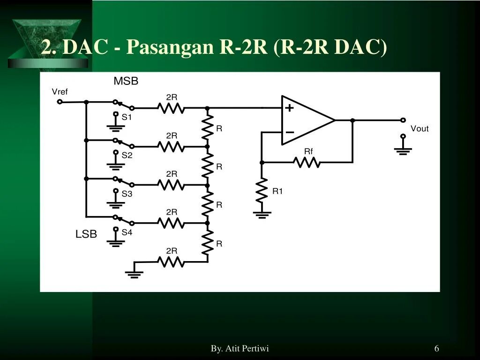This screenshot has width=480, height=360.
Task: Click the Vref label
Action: (x=60, y=92)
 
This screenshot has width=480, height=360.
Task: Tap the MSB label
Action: (x=126, y=81)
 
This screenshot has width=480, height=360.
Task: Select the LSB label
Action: (x=86, y=234)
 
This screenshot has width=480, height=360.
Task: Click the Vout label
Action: (x=420, y=128)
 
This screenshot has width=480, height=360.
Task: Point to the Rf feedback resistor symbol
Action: (x=307, y=162)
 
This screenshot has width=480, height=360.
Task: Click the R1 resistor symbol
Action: (x=262, y=191)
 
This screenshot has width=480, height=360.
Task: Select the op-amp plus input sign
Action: (x=290, y=108)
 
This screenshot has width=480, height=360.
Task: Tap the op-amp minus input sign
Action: (x=290, y=133)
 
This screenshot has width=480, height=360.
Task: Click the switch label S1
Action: (x=127, y=117)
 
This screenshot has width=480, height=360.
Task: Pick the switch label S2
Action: (x=127, y=155)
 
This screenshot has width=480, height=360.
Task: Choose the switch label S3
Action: (x=127, y=194)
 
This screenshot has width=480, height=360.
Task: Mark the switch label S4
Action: (x=127, y=232)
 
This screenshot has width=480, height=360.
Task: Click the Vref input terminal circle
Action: (x=60, y=102)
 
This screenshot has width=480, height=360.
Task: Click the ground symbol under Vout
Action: (x=403, y=150)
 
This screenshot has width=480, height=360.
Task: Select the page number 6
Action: (x=436, y=348)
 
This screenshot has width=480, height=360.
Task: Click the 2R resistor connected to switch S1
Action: (x=171, y=108)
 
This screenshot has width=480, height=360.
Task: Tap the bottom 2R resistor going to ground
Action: (x=171, y=262)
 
